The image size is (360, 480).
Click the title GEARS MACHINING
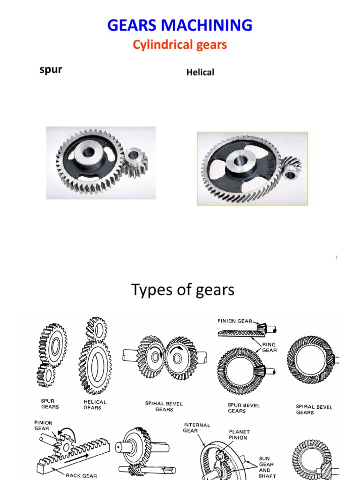coord(180,24)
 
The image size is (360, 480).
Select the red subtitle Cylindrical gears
coord(180,45)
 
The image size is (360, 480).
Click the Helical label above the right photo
coord(200,73)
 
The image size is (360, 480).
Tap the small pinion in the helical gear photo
coord(291,170)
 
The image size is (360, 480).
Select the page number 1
coord(337,258)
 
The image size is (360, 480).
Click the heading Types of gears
coord(183,290)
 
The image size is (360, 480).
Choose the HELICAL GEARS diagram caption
coord(95,405)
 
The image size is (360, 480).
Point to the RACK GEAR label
coord(82,475)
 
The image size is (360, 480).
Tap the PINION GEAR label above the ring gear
coord(234,321)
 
